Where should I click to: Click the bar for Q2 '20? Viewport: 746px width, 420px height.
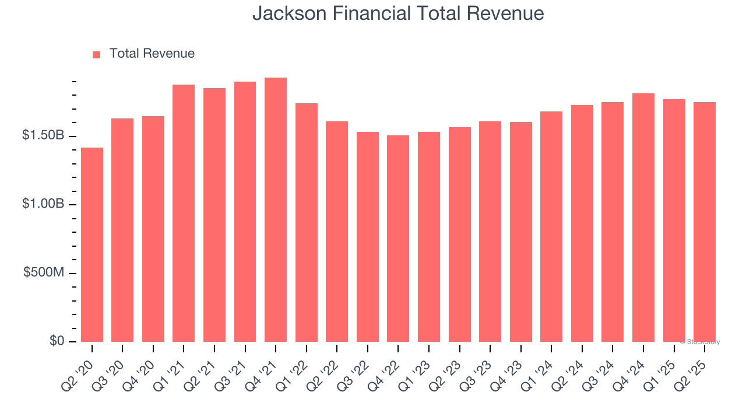point(92,244)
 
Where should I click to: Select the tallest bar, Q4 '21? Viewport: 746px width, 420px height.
point(276,209)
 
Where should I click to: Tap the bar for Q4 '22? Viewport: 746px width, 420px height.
point(398,239)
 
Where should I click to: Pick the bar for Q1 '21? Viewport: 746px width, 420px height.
point(184,213)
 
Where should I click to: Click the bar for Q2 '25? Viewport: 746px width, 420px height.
point(705,222)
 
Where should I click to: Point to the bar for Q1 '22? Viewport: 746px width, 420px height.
point(307,222)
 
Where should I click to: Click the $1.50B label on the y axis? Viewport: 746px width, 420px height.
point(43,135)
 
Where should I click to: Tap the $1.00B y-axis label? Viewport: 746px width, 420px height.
point(43,204)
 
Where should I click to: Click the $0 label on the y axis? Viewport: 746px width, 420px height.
point(57,341)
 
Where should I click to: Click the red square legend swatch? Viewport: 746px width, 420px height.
point(97,54)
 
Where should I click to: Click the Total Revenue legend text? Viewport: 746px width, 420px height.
point(152,54)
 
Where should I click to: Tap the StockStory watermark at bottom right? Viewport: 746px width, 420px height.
point(702,342)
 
